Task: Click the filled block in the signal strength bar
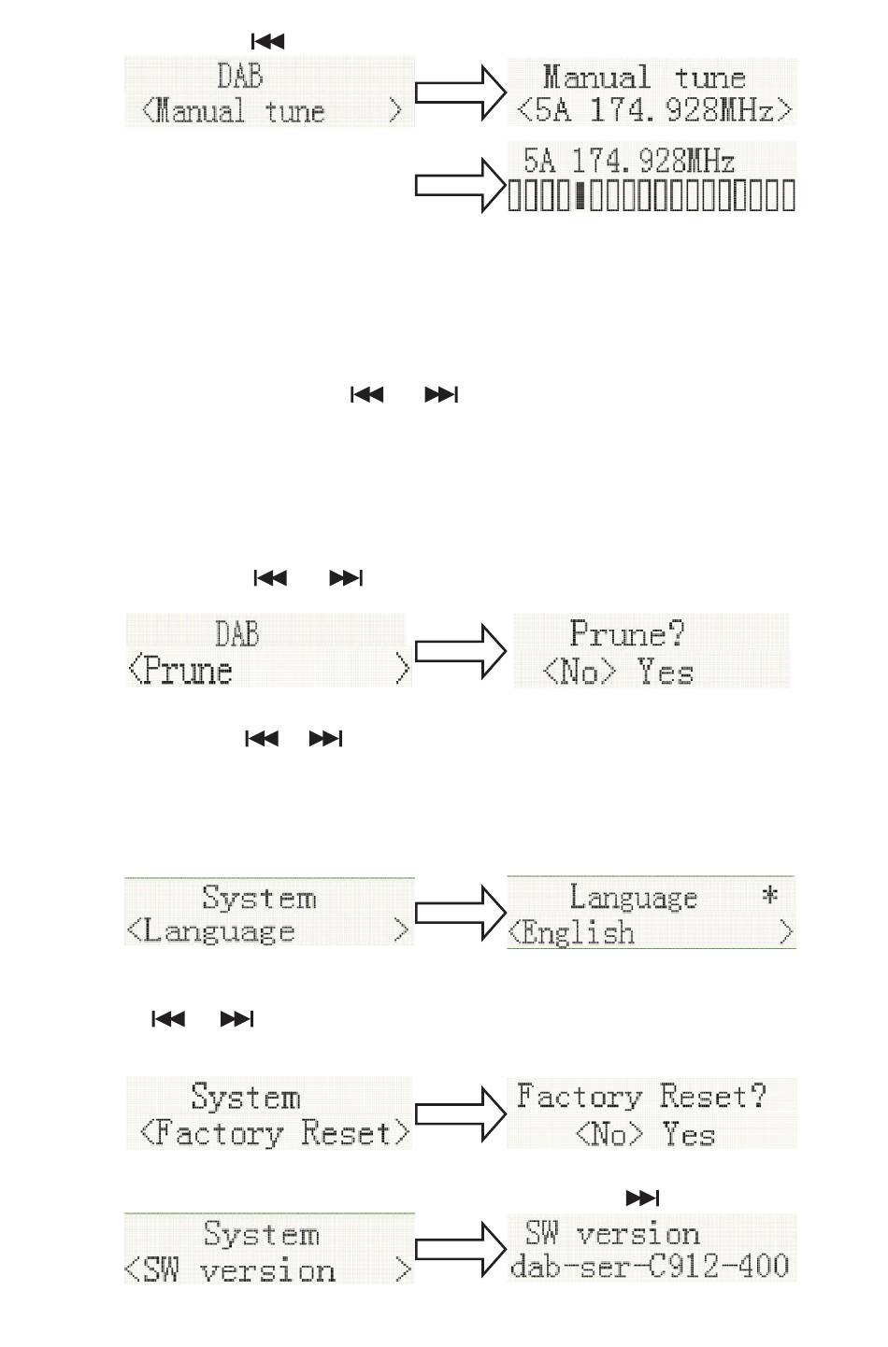click(580, 196)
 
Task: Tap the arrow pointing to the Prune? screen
click(460, 651)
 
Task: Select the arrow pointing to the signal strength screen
click(460, 186)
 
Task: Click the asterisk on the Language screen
click(769, 896)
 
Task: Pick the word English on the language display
click(578, 932)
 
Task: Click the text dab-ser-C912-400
click(649, 1265)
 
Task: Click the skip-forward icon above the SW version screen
click(642, 1198)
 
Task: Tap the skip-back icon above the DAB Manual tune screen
click(267, 41)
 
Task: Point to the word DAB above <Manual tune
click(240, 77)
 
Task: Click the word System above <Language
click(259, 897)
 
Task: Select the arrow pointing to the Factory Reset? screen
click(460, 1114)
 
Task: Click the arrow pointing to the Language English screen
click(460, 913)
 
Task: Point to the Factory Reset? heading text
click(641, 1096)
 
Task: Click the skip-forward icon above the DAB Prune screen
click(346, 578)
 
